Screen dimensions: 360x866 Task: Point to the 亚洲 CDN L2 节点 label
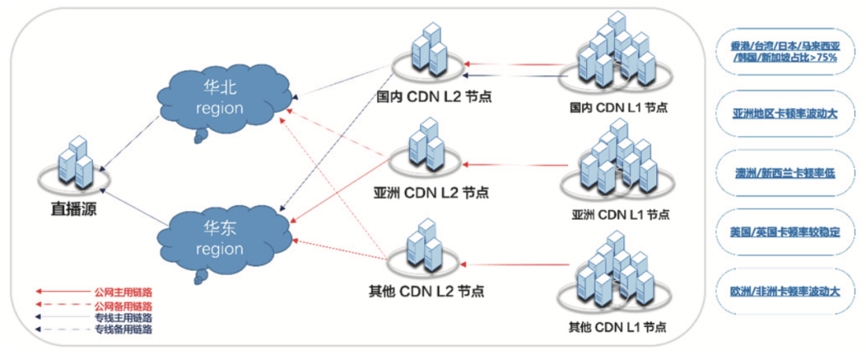coord(431,193)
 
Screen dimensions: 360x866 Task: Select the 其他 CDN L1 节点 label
coord(617,326)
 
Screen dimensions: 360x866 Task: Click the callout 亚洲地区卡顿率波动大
coord(784,115)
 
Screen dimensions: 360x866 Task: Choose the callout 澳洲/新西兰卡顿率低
coord(784,173)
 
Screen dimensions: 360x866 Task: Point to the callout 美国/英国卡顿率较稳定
coord(784,233)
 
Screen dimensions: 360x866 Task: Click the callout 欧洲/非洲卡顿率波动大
coord(784,291)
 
